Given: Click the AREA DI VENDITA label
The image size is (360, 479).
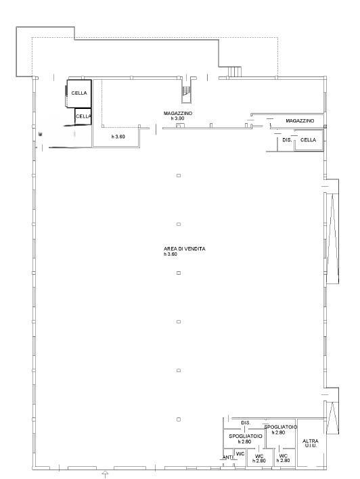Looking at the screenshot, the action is click(184, 249).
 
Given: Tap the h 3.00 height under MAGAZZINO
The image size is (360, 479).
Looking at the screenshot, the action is click(177, 118).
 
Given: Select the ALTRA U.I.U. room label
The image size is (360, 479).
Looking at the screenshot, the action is click(311, 443).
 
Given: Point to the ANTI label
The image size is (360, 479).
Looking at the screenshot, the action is click(227, 457).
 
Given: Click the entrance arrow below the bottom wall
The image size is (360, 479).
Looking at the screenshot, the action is click(106, 474).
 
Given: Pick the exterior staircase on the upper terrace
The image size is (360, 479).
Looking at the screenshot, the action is click(235, 72).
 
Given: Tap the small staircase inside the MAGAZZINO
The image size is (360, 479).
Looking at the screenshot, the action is click(186, 91).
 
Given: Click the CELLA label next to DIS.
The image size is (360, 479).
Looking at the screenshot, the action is click(308, 140).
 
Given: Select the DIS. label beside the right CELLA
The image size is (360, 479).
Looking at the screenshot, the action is click(287, 140).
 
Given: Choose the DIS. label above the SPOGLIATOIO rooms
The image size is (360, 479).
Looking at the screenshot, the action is click(246, 423).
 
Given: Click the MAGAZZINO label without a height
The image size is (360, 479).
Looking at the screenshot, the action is click(300, 120).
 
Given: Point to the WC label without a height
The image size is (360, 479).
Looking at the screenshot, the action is click(240, 454).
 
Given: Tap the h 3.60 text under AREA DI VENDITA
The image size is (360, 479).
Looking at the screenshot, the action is click(171, 254).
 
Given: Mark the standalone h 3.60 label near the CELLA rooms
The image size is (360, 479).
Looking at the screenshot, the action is click(118, 137).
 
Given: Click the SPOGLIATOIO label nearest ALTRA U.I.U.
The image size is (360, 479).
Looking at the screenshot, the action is click(281, 427).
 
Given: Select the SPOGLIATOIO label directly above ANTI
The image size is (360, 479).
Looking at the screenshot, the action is click(246, 436).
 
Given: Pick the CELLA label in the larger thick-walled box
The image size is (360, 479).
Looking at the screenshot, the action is click(79, 93).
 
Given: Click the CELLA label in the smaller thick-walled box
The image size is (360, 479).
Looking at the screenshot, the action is click(83, 116).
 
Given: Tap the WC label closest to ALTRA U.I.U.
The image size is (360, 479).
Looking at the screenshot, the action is click(284, 456).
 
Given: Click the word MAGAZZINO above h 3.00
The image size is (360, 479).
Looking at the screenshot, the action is click(178, 114).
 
